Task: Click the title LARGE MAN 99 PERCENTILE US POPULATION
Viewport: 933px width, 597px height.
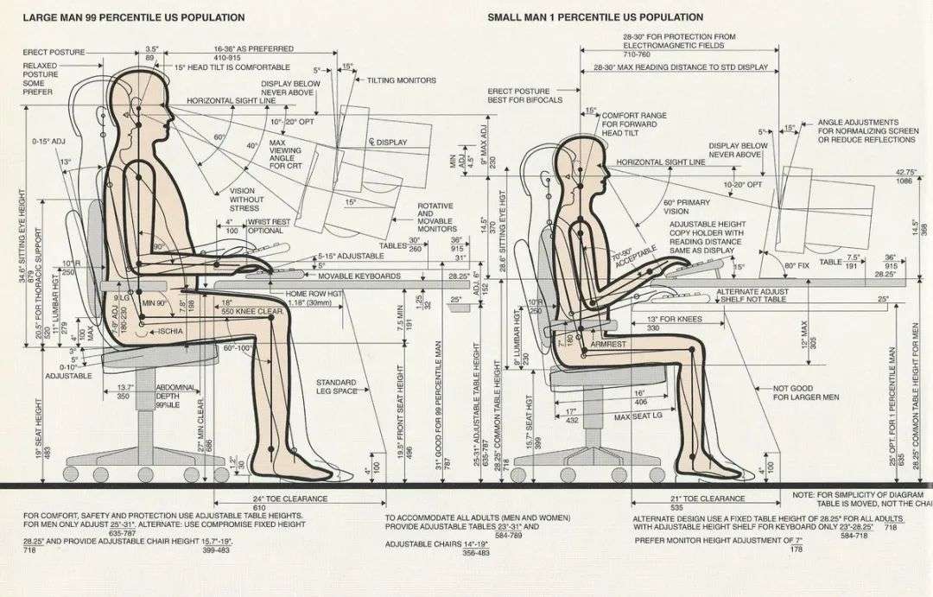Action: [134, 17]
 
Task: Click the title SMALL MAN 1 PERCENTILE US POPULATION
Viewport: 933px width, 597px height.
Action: [595, 17]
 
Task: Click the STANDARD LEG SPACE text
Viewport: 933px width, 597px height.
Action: [336, 386]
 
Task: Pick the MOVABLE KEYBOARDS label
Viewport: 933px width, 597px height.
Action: [359, 276]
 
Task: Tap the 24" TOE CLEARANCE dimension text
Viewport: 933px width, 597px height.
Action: [290, 499]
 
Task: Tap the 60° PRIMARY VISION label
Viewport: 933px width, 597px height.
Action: [688, 207]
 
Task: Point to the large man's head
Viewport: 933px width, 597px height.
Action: [138, 104]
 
